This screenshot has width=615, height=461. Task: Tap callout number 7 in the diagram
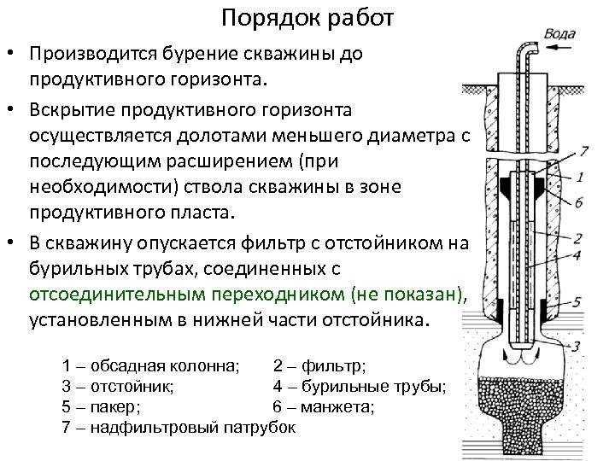[x=584, y=152]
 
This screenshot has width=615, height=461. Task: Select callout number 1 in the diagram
[x=580, y=177]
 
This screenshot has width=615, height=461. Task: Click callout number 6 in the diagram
[x=579, y=201]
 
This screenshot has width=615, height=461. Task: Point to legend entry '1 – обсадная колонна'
[x=151, y=366]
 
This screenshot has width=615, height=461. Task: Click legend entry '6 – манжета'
[x=324, y=406]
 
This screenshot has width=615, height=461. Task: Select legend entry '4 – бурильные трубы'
[x=359, y=387]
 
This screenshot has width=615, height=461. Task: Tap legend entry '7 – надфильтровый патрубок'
[x=179, y=427]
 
